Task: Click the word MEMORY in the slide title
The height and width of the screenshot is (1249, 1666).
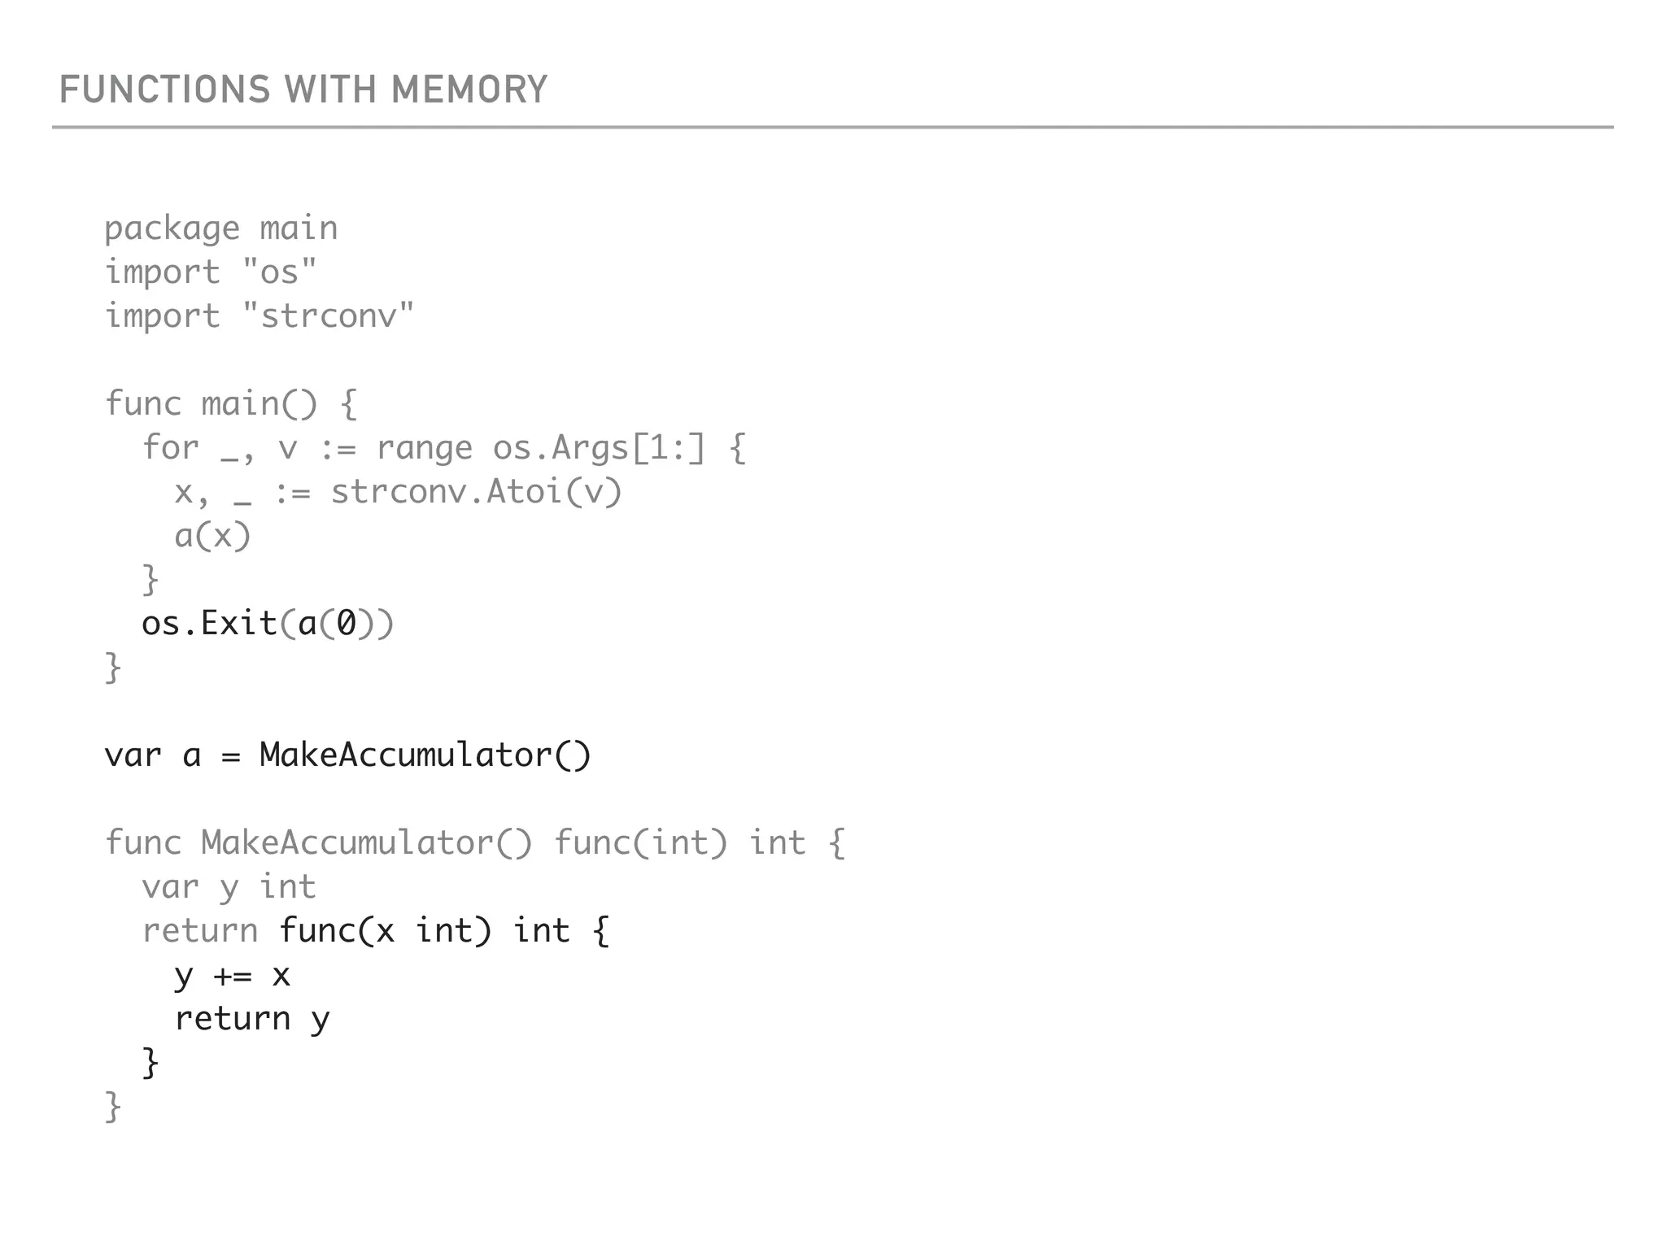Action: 469,89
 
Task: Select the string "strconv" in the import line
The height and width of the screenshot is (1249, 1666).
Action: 329,316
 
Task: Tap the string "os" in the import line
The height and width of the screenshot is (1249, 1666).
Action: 279,272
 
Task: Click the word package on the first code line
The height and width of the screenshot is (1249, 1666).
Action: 172,228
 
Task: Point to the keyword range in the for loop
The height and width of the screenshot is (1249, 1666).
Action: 424,448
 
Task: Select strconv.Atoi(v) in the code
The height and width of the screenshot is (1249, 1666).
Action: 476,492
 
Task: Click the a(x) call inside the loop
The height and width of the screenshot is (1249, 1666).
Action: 212,536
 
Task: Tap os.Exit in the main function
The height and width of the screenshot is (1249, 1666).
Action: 209,624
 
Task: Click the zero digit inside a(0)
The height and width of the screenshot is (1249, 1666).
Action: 347,624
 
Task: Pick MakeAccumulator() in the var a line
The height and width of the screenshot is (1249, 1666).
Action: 425,755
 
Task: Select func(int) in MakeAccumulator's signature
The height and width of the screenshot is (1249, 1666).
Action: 640,843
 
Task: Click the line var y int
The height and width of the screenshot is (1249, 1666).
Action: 229,887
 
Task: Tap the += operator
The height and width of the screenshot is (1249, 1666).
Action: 233,975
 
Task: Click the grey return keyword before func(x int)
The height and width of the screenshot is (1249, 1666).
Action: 199,931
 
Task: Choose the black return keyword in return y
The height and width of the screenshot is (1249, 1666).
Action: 233,1019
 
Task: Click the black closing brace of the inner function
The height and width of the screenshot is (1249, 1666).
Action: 150,1063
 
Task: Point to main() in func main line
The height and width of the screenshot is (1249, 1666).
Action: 259,404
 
